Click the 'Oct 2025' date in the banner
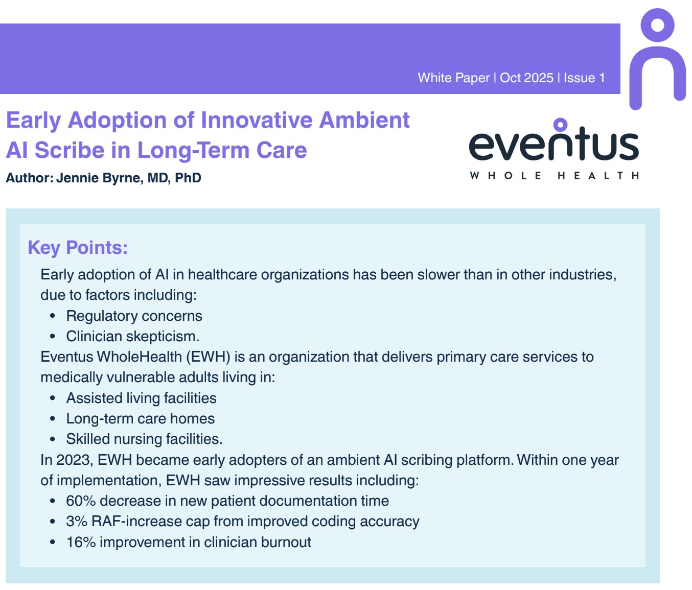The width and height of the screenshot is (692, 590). pyautogui.click(x=526, y=78)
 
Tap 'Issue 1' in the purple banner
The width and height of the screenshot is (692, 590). pyautogui.click(x=584, y=78)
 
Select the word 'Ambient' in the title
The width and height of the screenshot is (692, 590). pyautogui.click(x=364, y=120)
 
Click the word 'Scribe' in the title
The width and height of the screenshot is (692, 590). pyautogui.click(x=70, y=150)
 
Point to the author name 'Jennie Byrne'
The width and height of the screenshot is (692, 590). pyautogui.click(x=100, y=178)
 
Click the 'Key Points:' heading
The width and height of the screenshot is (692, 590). pyautogui.click(x=78, y=247)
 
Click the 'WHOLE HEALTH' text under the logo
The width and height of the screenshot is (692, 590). pyautogui.click(x=554, y=175)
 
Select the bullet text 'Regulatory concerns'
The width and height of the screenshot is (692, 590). pyautogui.click(x=134, y=316)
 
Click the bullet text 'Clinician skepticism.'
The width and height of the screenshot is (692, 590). pyautogui.click(x=132, y=336)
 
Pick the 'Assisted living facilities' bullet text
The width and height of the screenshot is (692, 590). pyautogui.click(x=141, y=398)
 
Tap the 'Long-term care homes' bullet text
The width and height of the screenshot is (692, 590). pyautogui.click(x=140, y=419)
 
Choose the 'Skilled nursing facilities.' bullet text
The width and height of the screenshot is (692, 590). pyautogui.click(x=144, y=439)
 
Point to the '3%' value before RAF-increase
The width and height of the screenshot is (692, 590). pyautogui.click(x=77, y=522)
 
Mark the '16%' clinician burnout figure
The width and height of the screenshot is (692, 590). pyautogui.click(x=81, y=542)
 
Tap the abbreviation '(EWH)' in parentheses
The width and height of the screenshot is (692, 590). pyautogui.click(x=208, y=357)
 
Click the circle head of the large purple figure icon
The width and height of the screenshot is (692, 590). pyautogui.click(x=658, y=25)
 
